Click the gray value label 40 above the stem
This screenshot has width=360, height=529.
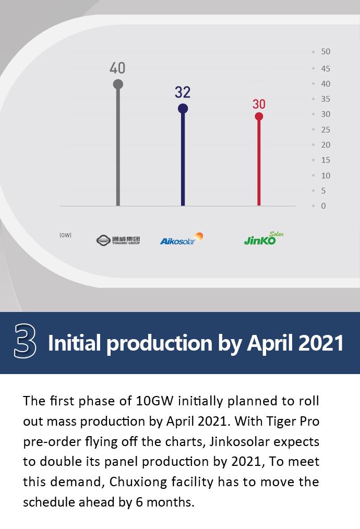117,68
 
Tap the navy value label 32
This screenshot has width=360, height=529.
183,92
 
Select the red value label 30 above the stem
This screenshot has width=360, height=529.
259,104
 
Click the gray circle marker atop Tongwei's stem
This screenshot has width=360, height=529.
118,85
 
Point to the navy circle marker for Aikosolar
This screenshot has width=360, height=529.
183,109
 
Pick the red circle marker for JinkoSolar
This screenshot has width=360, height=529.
259,116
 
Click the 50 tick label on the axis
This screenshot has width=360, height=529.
326,52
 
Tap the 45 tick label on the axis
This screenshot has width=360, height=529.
326,68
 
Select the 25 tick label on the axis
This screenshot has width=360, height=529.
326,129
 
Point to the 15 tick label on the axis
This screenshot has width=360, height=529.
326,160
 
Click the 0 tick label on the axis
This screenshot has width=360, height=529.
323,206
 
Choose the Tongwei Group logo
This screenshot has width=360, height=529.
118,240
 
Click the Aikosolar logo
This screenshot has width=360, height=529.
182,238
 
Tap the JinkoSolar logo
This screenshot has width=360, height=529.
263,238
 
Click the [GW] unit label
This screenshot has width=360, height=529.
65,235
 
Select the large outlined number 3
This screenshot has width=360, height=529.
25,341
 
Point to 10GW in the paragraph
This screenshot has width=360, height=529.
154,401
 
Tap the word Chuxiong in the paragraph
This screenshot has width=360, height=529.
138,482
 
